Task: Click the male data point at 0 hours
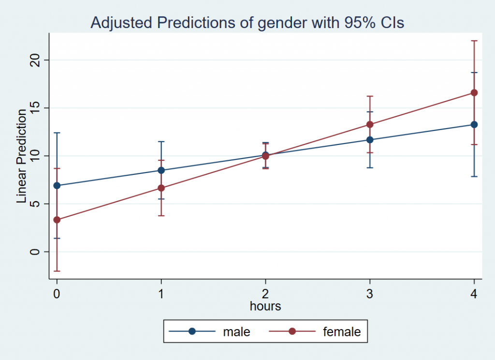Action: pos(57,186)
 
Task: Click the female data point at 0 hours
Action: pos(57,220)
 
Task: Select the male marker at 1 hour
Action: pos(161,170)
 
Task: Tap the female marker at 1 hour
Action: pos(161,188)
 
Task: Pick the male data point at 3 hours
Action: pos(370,140)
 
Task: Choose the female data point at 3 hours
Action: pos(370,124)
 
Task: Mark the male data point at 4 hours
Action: pos(474,125)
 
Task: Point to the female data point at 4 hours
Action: pos(474,93)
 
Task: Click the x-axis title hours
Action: pos(265,306)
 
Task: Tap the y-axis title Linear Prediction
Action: pos(22,156)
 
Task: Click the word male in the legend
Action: pos(236,332)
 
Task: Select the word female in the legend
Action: pos(342,332)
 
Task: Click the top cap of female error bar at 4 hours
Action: pos(474,41)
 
